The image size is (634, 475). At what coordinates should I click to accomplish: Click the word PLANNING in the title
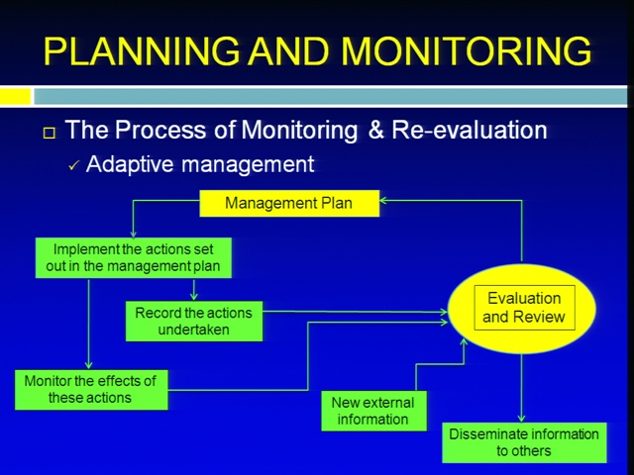(x=142, y=51)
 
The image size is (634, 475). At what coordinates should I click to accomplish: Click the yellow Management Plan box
(x=289, y=203)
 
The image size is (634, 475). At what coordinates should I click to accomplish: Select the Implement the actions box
(x=134, y=257)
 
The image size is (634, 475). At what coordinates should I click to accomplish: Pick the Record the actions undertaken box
(x=194, y=321)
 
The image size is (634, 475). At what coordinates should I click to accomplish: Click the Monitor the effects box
(x=91, y=390)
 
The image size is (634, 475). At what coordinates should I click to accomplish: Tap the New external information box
(x=374, y=411)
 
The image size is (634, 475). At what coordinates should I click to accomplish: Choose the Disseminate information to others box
(x=524, y=442)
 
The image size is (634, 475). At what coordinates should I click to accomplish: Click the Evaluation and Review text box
(x=524, y=308)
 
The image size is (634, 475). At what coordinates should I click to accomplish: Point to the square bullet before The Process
(x=50, y=133)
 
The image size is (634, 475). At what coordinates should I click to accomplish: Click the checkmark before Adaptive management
(x=74, y=165)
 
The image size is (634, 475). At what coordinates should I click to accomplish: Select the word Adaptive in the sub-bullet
(x=130, y=165)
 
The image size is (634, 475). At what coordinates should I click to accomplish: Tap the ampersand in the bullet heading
(x=376, y=130)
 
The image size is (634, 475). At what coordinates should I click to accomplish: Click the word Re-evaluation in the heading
(x=470, y=130)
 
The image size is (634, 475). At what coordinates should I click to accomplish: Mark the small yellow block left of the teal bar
(x=15, y=97)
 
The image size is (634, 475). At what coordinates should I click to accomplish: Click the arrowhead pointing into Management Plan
(x=383, y=200)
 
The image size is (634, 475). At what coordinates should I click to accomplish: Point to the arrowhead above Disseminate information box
(x=522, y=418)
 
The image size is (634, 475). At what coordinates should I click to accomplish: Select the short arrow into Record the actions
(x=194, y=290)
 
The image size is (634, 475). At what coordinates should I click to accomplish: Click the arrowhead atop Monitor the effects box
(x=88, y=365)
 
